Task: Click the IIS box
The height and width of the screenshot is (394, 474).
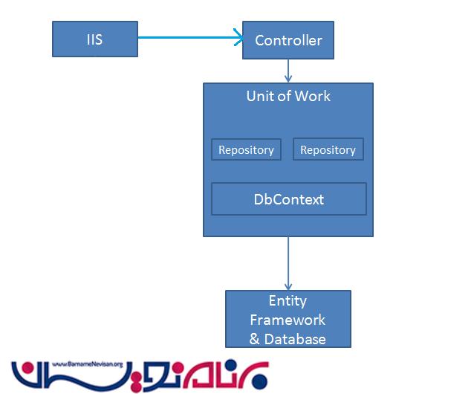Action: [94, 39]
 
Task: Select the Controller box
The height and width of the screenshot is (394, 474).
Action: [288, 40]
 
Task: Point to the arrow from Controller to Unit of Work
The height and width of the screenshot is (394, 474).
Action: [288, 71]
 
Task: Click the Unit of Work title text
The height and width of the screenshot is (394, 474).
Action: [288, 97]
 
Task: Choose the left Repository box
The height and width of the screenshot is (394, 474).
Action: [246, 149]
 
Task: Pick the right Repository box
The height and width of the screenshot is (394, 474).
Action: [328, 149]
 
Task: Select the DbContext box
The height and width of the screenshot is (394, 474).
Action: [289, 199]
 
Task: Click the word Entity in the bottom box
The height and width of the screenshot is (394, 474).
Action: [288, 301]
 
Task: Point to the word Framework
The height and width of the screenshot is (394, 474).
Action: [288, 320]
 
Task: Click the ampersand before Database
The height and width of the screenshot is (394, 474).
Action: [255, 339]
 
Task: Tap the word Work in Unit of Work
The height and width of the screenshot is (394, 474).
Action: [313, 97]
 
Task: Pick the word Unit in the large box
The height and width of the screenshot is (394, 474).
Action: [260, 97]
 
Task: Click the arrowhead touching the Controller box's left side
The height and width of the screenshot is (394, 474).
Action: [238, 35]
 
